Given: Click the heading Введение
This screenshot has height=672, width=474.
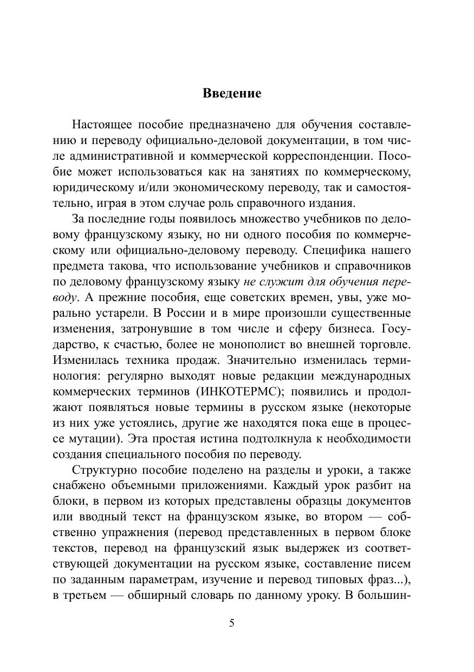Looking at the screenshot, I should point(232,93).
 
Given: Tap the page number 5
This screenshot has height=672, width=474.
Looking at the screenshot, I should point(232,623).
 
